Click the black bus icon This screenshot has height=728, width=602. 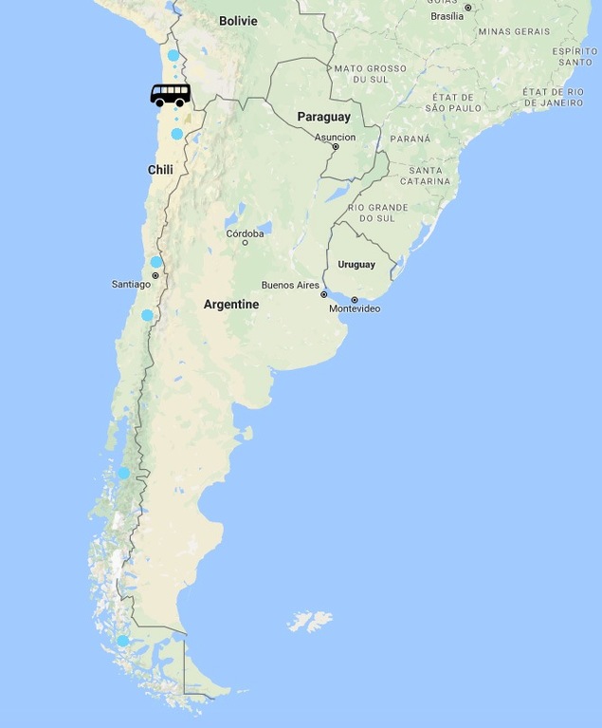point(171,95)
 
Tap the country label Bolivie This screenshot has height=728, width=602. point(238,21)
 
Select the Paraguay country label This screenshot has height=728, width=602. point(323,117)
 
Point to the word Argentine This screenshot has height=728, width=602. point(231,305)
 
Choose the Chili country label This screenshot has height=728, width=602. point(160,170)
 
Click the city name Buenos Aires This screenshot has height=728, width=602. point(290,286)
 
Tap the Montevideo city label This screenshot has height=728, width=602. point(355,309)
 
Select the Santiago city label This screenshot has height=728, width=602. point(131,284)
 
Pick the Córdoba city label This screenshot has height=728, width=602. point(245,233)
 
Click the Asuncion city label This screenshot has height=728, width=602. point(335,137)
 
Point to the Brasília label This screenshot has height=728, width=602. point(447,16)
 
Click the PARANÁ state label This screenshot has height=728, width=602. point(410,139)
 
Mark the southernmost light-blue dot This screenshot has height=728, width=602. point(122,641)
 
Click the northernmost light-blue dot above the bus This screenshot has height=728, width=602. point(173,55)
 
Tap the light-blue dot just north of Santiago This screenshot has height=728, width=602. point(156,262)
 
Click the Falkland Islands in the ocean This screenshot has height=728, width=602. point(310,622)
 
